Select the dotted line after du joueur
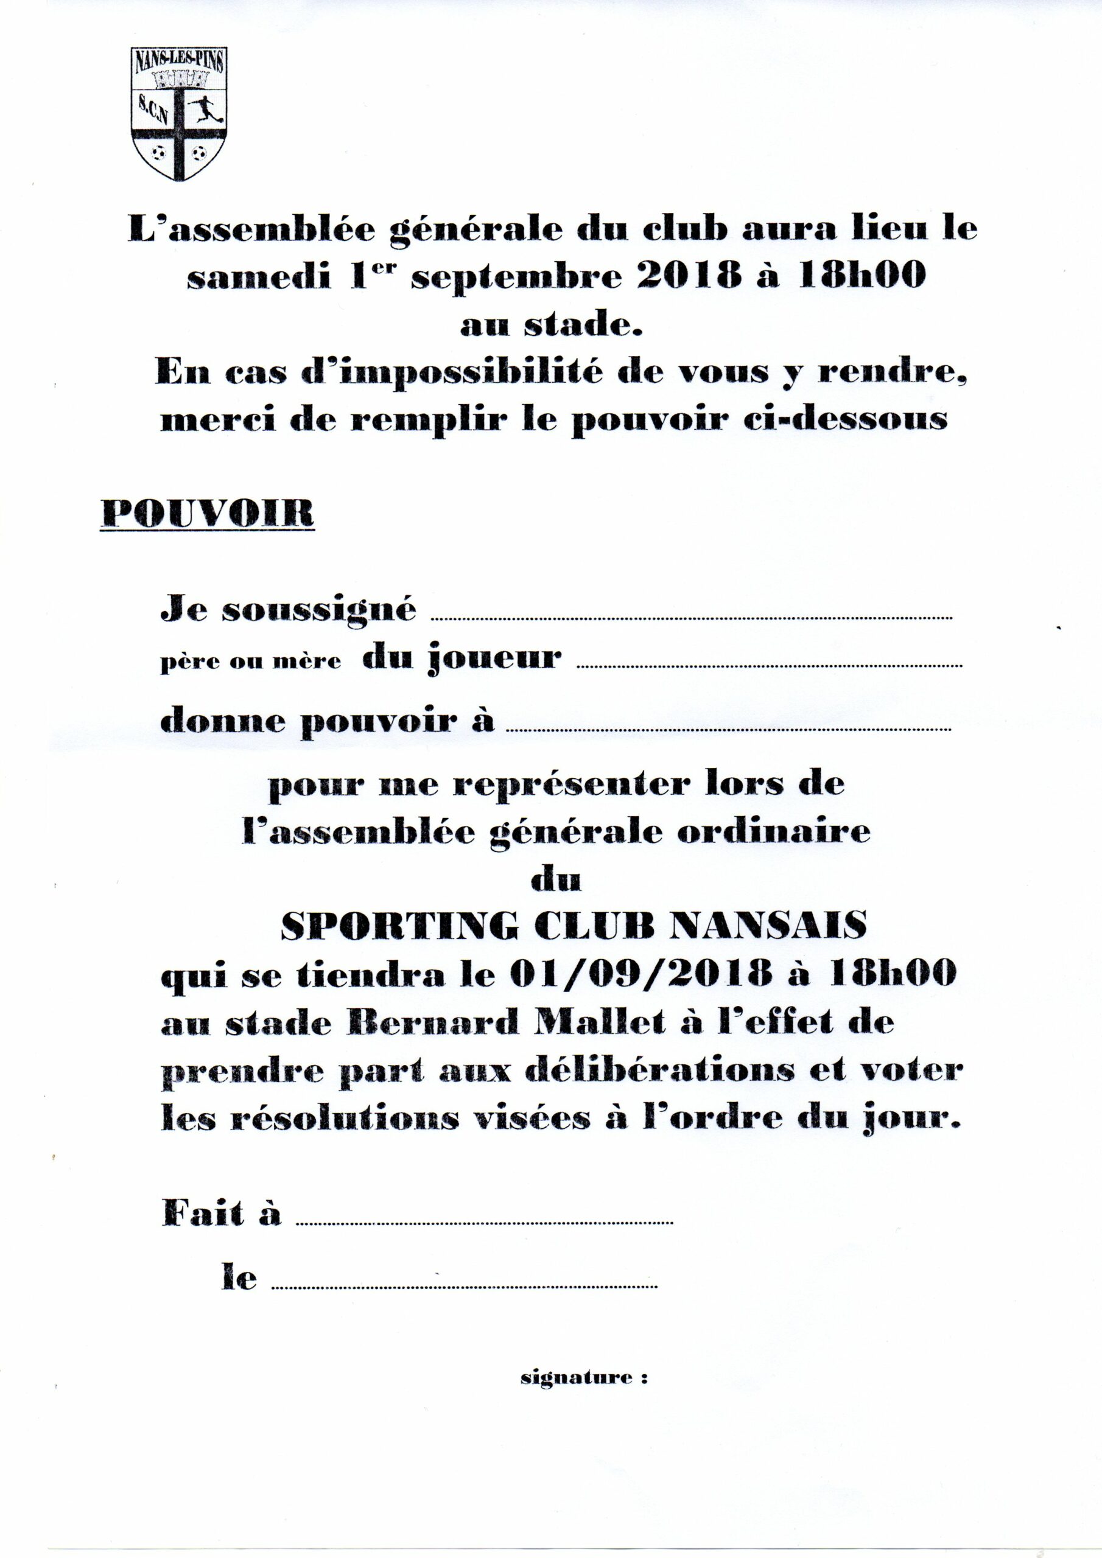click(768, 666)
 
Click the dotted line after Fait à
click(485, 1223)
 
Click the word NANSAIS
click(768, 925)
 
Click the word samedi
click(260, 277)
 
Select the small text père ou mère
click(251, 662)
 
